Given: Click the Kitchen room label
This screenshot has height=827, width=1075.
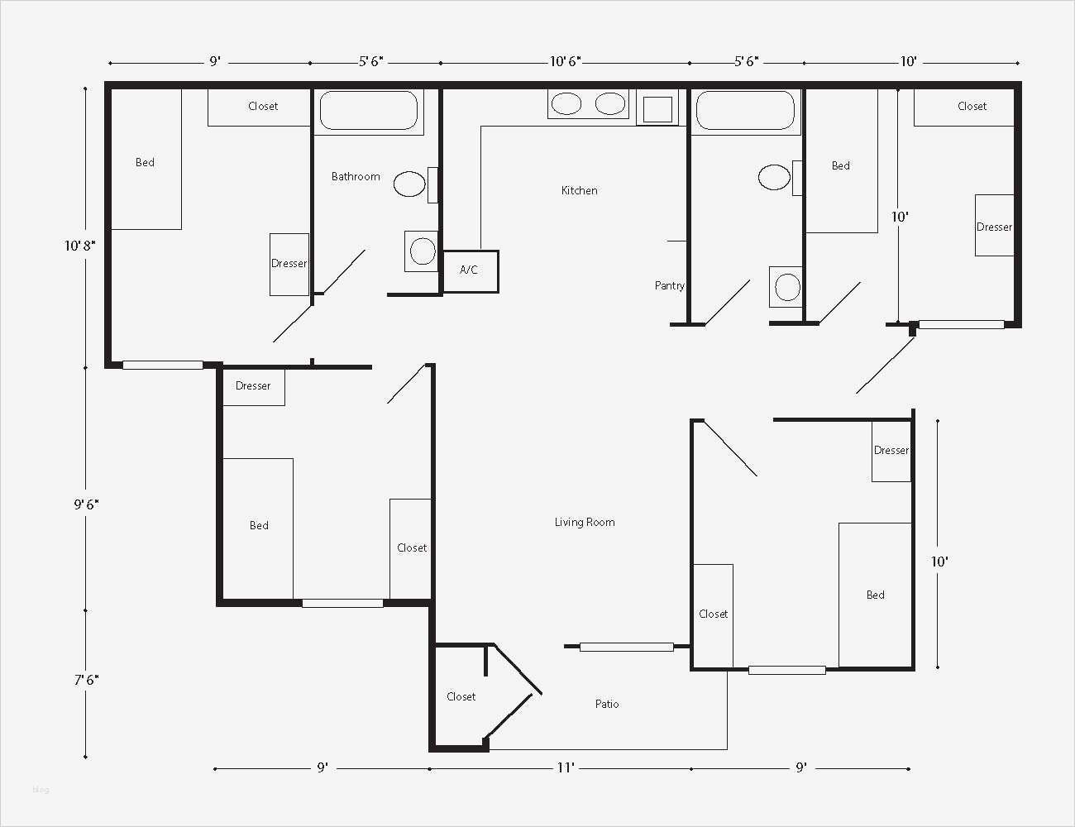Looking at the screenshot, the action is [580, 190].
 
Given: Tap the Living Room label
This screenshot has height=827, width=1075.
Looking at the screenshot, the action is [585, 523].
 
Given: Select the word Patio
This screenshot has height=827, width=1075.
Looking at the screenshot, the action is [606, 704].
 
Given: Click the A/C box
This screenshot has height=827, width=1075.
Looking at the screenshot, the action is [470, 271].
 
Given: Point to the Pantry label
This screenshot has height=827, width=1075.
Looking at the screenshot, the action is [669, 285].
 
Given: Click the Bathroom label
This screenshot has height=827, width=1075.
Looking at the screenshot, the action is [356, 177].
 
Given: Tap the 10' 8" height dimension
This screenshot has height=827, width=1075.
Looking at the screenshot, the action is [79, 246].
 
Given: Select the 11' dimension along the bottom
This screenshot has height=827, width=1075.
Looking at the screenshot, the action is [566, 767].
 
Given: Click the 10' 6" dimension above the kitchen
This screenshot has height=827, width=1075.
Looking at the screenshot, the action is [565, 61].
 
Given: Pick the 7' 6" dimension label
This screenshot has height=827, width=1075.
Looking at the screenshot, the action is [86, 680].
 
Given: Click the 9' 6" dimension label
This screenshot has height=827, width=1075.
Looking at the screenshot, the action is [86, 504].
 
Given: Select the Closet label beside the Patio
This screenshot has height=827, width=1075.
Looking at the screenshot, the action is [461, 696].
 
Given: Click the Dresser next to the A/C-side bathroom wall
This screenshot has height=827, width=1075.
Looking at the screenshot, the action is [289, 265].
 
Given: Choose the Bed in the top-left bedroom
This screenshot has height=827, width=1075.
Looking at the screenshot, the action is [146, 160].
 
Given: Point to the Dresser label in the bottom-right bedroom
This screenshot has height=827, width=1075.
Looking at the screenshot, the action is [891, 450].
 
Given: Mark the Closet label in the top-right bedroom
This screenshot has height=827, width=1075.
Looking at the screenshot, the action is [972, 107].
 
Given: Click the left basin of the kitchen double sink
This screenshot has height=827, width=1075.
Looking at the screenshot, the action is [566, 104].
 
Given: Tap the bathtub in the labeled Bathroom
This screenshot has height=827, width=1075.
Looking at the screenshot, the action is [369, 110].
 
